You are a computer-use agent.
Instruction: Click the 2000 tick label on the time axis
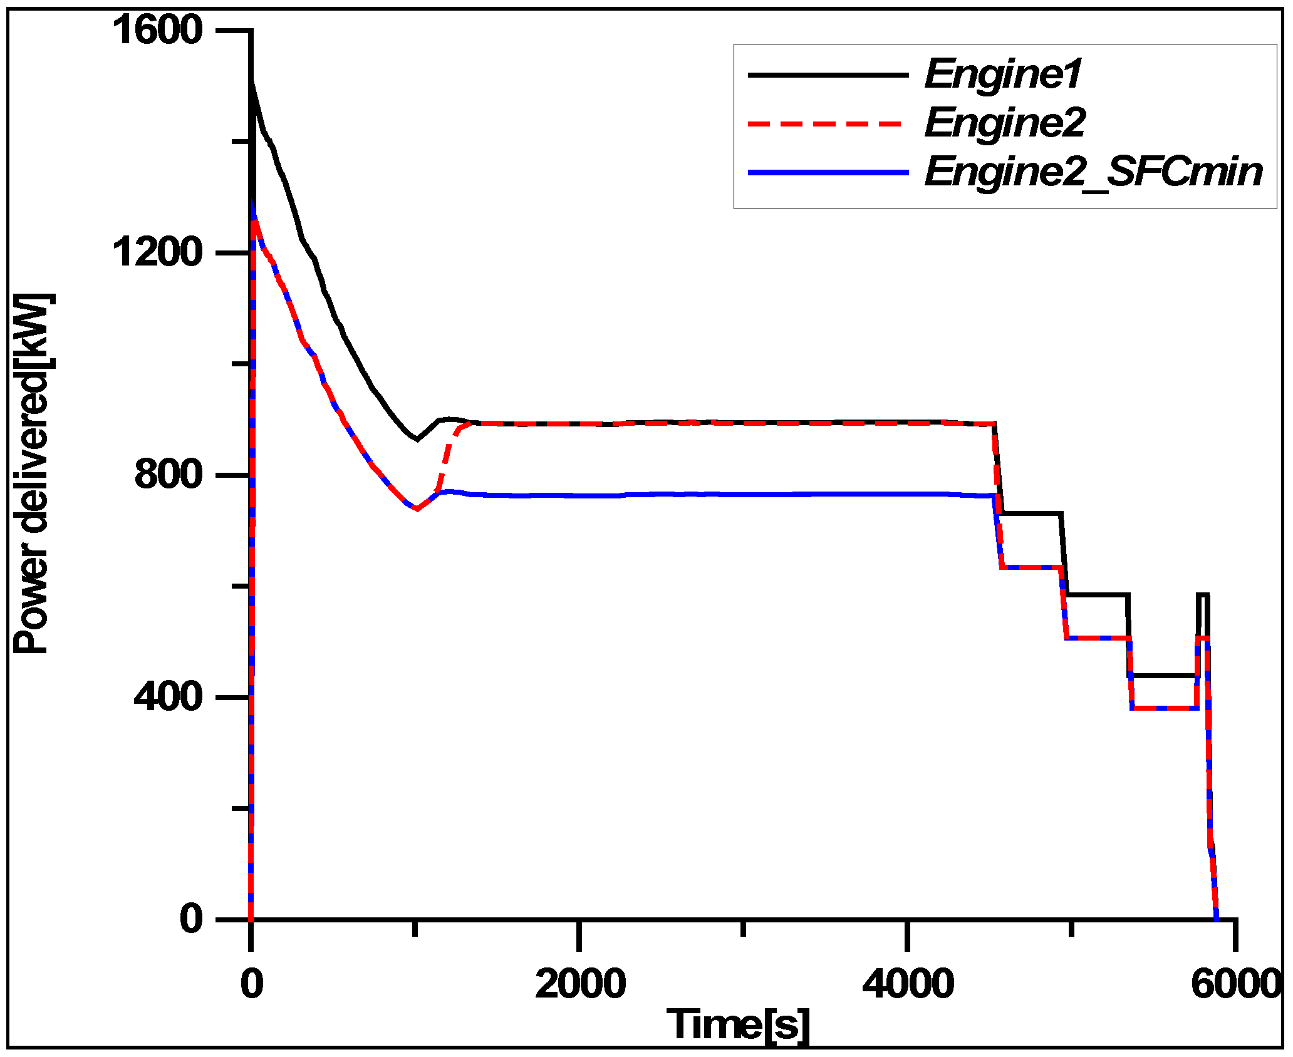[580, 984]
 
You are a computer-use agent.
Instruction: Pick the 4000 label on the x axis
[908, 984]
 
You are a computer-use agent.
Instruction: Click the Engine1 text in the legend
[1003, 74]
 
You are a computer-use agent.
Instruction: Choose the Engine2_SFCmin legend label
[1093, 172]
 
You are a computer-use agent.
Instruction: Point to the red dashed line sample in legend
[827, 123]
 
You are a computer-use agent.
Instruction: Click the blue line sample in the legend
[827, 172]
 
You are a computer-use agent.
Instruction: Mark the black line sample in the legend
[827, 75]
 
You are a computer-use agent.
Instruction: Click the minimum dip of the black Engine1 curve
[417, 439]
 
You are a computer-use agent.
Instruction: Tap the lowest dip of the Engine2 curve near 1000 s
[417, 509]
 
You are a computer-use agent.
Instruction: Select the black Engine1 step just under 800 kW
[1031, 513]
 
